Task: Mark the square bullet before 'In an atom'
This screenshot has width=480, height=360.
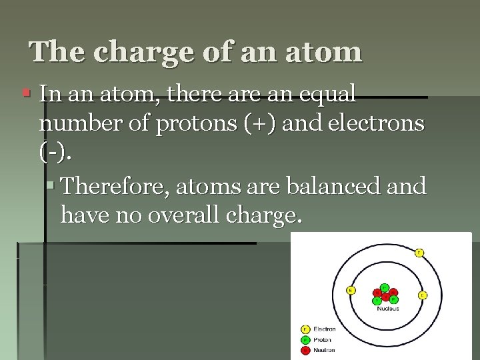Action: [x=26, y=94]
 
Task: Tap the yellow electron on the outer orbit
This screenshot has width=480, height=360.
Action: [x=419, y=253]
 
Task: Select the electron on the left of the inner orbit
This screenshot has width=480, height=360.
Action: [x=351, y=290]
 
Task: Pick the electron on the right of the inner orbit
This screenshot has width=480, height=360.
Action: [x=422, y=295]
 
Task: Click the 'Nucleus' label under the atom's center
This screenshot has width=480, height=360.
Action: [x=387, y=308]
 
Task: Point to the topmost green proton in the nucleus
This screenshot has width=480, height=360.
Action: [x=385, y=287]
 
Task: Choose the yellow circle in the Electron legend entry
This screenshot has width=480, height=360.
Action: [x=305, y=329]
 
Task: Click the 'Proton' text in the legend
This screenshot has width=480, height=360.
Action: [x=323, y=339]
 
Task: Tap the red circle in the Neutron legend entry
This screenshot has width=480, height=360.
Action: [x=305, y=349]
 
